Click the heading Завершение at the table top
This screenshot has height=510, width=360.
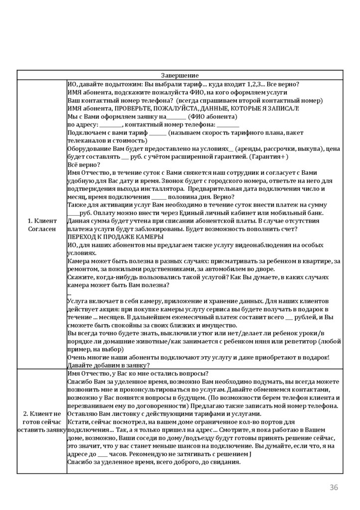coord(180,75)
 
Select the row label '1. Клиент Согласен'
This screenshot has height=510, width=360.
coord(42,224)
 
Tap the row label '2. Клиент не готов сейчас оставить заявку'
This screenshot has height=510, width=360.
coord(42,422)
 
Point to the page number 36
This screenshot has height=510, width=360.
coord(334,487)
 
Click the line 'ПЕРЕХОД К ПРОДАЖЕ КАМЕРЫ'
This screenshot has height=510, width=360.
coord(115,236)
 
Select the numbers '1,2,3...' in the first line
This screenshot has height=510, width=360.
coord(255,84)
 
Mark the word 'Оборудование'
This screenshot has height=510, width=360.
coord(88,148)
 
